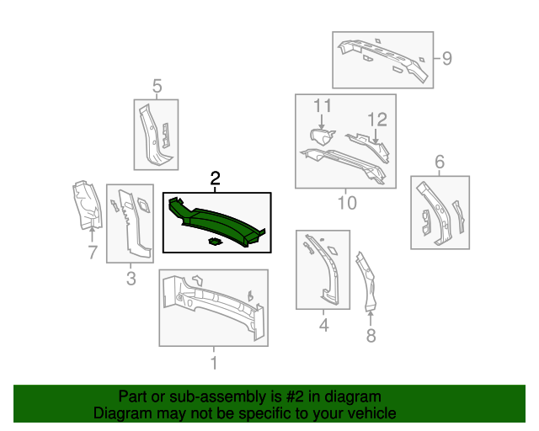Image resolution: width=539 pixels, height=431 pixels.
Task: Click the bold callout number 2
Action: point(215,178)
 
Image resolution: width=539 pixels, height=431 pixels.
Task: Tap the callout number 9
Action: point(446,58)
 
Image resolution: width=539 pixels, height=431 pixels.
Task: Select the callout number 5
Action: point(157,86)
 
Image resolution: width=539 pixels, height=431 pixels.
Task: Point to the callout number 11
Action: point(323,105)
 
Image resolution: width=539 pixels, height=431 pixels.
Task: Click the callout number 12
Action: point(377,120)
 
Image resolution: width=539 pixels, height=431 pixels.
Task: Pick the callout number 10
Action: point(347,203)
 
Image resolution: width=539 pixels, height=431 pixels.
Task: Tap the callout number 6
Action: point(440,162)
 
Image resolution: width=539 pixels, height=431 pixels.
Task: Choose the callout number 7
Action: point(93,253)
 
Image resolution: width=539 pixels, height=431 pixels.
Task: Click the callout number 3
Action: point(131,279)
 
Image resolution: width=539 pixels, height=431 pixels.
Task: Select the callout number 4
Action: point(323,325)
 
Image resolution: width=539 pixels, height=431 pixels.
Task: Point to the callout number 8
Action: point(371,335)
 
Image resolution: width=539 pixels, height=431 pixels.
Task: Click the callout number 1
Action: point(214,363)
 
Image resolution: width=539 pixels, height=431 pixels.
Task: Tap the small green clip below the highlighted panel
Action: point(215,242)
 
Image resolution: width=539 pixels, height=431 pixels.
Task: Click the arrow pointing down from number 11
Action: point(322,122)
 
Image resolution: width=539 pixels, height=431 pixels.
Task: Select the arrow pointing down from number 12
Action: point(376,136)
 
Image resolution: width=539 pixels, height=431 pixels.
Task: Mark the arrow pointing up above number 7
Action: point(92,234)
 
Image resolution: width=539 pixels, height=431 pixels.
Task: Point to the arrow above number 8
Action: point(371,318)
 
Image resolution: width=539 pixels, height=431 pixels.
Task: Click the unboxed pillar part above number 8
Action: point(367,281)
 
